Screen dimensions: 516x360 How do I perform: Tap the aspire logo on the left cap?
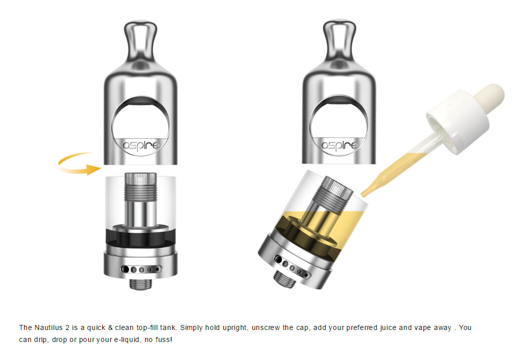141,145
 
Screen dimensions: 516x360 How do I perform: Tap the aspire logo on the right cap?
339,145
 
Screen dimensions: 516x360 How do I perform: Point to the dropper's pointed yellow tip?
363,194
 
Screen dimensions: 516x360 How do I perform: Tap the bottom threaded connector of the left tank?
141,284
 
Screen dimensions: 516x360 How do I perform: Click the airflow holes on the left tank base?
142,269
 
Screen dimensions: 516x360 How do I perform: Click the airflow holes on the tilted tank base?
292,267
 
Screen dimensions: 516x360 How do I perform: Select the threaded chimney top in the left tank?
141,187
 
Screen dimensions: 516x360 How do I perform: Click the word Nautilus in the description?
49,327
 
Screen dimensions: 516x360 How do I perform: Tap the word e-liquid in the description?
126,339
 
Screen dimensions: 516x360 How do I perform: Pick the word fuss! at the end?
163,339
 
